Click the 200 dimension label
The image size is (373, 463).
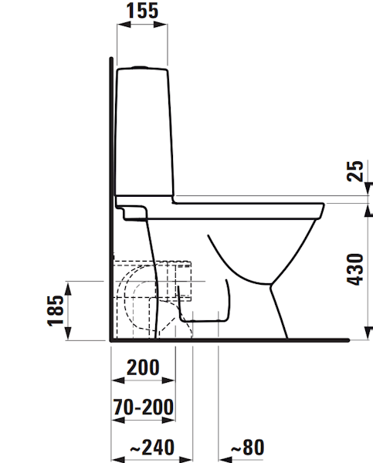pos(143,367)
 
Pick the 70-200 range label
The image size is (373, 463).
pos(143,407)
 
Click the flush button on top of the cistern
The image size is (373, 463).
pos(141,66)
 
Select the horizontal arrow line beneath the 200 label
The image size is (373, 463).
pos(144,380)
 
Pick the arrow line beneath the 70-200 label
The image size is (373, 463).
pos(144,420)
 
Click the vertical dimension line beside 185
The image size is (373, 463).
pos(69,312)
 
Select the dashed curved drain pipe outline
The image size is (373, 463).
pos(127,297)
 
